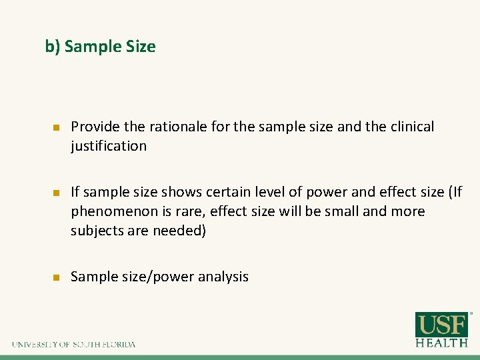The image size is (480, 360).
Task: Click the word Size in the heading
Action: pyautogui.click(x=140, y=47)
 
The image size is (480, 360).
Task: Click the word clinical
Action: pyautogui.click(x=409, y=127)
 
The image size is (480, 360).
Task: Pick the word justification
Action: pyautogui.click(x=108, y=146)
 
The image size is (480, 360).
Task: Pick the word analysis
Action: pyautogui.click(x=223, y=277)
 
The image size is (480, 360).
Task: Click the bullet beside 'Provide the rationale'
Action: pyautogui.click(x=57, y=127)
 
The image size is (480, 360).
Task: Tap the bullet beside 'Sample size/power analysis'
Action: pyautogui.click(x=57, y=277)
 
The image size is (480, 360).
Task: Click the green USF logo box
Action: pyautogui.click(x=442, y=325)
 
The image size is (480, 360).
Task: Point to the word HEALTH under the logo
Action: pyautogui.click(x=442, y=343)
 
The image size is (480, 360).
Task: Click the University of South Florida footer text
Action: pyautogui.click(x=73, y=344)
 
